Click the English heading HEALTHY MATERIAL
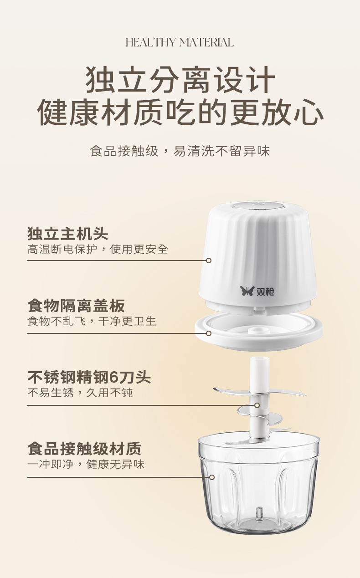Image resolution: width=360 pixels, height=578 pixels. pyautogui.click(x=180, y=42)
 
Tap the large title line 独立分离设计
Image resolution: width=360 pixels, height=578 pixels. pyautogui.click(x=180, y=79)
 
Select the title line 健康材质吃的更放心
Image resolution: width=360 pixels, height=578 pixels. pyautogui.click(x=180, y=113)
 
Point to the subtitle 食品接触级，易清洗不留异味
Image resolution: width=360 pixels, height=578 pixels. pyautogui.click(x=180, y=151)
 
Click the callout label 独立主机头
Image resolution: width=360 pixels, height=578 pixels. pyautogui.click(x=67, y=234)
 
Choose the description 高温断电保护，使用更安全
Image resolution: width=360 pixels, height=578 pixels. pyautogui.click(x=98, y=249)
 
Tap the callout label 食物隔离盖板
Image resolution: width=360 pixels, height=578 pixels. pyautogui.click(x=76, y=306)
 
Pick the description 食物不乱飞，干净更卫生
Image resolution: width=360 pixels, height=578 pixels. pyautogui.click(x=92, y=321)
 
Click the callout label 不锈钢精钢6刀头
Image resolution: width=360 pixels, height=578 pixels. pyautogui.click(x=89, y=377)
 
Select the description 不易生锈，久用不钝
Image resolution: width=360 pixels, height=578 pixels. pyautogui.click(x=80, y=393)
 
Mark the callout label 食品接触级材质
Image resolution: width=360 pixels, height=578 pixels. pyautogui.click(x=84, y=449)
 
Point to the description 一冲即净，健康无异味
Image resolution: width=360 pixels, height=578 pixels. pyautogui.click(x=86, y=465)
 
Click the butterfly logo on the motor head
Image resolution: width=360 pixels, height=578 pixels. pyautogui.click(x=247, y=291)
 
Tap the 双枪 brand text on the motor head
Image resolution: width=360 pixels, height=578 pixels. pyautogui.click(x=265, y=292)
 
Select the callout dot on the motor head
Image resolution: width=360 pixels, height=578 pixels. pyautogui.click(x=209, y=261)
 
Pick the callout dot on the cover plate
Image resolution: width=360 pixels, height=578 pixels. pyautogui.click(x=209, y=333)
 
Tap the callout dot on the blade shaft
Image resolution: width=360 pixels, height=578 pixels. pyautogui.click(x=257, y=405)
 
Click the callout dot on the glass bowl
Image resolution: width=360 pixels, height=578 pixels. pyautogui.click(x=212, y=477)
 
